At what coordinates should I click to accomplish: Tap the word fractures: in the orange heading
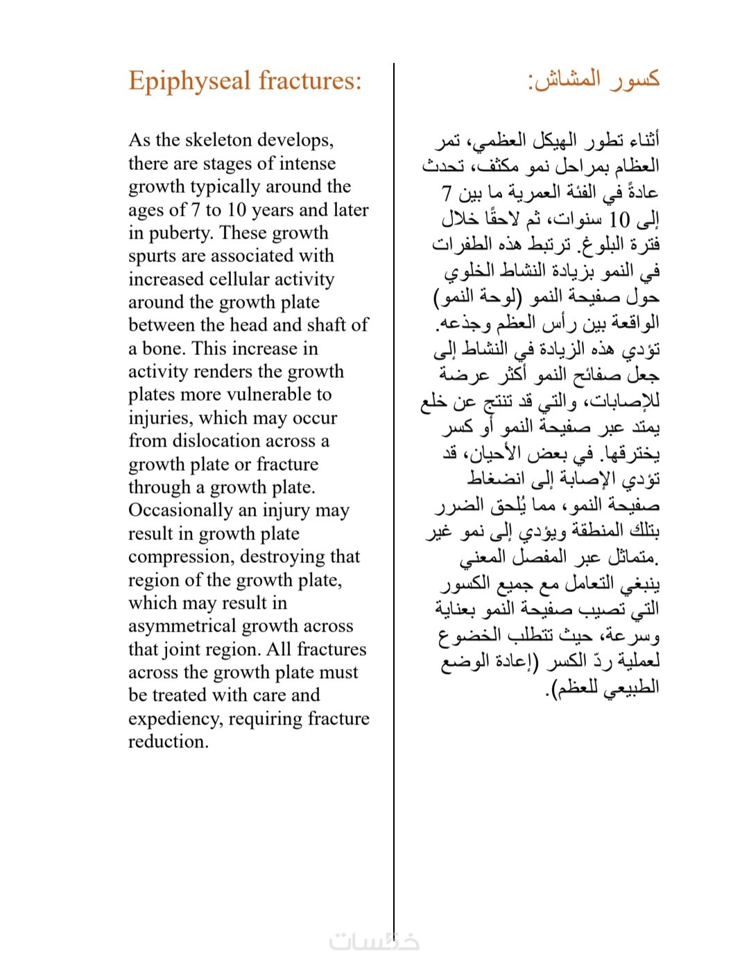(310, 80)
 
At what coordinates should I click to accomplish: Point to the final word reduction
(168, 742)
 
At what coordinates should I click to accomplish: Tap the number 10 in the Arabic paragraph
(619, 220)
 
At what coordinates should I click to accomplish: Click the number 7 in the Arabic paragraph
(447, 193)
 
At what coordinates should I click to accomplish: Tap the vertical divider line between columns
(394, 485)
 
